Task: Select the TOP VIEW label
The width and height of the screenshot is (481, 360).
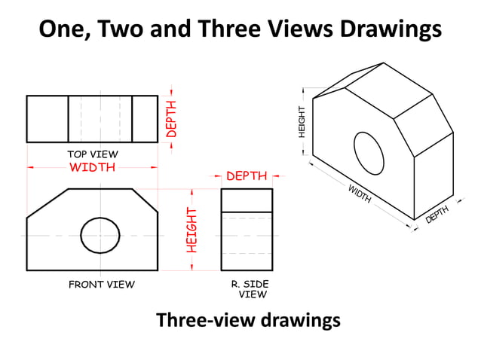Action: [93, 154]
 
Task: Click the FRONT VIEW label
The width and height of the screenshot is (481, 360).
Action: [102, 284]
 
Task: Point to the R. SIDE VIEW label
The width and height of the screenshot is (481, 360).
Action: [250, 288]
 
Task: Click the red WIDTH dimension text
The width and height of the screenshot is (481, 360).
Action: [92, 167]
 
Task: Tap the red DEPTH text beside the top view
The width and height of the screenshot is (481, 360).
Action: [171, 119]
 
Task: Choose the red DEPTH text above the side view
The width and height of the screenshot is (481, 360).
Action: [247, 176]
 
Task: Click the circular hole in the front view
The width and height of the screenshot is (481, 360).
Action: [100, 235]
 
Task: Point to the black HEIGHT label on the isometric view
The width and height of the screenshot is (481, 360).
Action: [302, 121]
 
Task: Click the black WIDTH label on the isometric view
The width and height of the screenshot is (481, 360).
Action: [359, 194]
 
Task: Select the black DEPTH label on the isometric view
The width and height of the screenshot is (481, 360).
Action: [437, 215]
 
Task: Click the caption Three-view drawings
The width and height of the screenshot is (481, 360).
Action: [248, 320]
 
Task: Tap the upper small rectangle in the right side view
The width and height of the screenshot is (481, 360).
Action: [247, 200]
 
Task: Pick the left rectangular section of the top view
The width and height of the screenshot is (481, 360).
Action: [47, 119]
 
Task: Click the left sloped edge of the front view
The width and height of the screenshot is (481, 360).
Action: [47, 203]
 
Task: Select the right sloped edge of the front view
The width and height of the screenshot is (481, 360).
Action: [145, 201]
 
